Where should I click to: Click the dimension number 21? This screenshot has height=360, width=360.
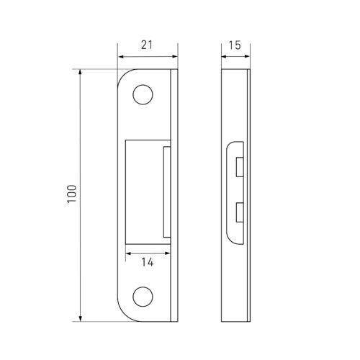click(x=146, y=45)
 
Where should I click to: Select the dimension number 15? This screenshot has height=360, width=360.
click(x=235, y=45)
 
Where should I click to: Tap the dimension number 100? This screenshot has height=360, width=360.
click(x=72, y=194)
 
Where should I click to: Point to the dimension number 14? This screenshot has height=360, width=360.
click(x=147, y=262)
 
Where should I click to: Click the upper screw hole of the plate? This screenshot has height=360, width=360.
click(x=143, y=94)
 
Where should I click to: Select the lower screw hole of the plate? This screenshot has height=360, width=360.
click(x=143, y=297)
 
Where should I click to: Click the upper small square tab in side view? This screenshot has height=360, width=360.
click(x=240, y=167)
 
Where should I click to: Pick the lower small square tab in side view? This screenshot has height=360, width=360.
click(x=240, y=212)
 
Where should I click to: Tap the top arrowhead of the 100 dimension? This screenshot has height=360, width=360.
click(x=81, y=72)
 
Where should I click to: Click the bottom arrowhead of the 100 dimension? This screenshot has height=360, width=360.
click(x=81, y=318)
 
